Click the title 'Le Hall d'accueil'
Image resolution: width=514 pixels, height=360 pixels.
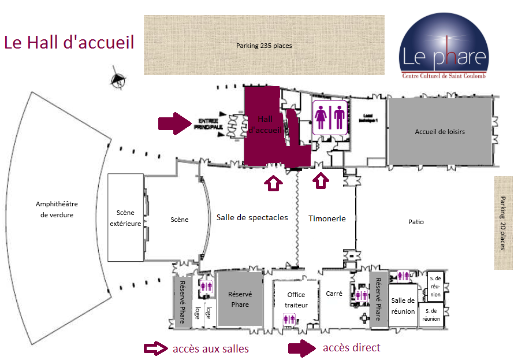tap(69, 42)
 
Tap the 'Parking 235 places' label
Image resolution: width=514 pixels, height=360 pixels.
tap(264, 46)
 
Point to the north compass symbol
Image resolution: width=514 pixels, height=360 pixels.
tap(118, 80)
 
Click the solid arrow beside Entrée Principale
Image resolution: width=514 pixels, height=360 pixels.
tap(174, 123)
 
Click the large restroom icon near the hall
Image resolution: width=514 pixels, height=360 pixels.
tap(330, 118)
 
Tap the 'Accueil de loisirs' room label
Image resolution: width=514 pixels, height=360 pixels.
tap(439, 132)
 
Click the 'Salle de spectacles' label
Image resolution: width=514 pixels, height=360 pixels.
tap(252, 217)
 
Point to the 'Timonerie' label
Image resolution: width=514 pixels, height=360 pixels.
tap(327, 218)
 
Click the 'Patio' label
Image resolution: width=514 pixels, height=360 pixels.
tap(416, 222)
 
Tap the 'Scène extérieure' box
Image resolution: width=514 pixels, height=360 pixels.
tap(125, 218)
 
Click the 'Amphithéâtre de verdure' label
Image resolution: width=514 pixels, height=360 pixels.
tap(57, 209)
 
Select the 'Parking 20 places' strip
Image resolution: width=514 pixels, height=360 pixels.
tap(504, 222)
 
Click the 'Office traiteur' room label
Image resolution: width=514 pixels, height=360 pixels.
tap(296, 300)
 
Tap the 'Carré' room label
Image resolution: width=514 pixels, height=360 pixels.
tap(334, 294)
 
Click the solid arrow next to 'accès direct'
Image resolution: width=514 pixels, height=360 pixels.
tap(302, 347)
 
